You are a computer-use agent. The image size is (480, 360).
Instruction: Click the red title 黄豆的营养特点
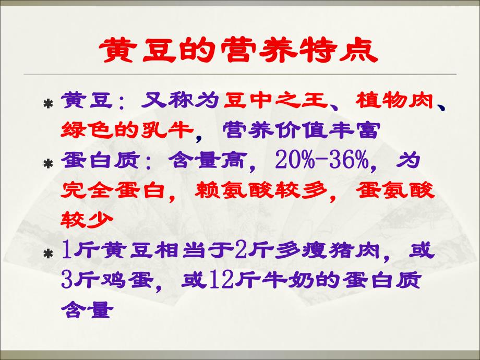coord(238,50)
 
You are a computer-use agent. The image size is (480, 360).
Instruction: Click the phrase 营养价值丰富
coord(299,130)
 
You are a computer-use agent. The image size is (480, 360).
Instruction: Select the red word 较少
coord(87,220)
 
